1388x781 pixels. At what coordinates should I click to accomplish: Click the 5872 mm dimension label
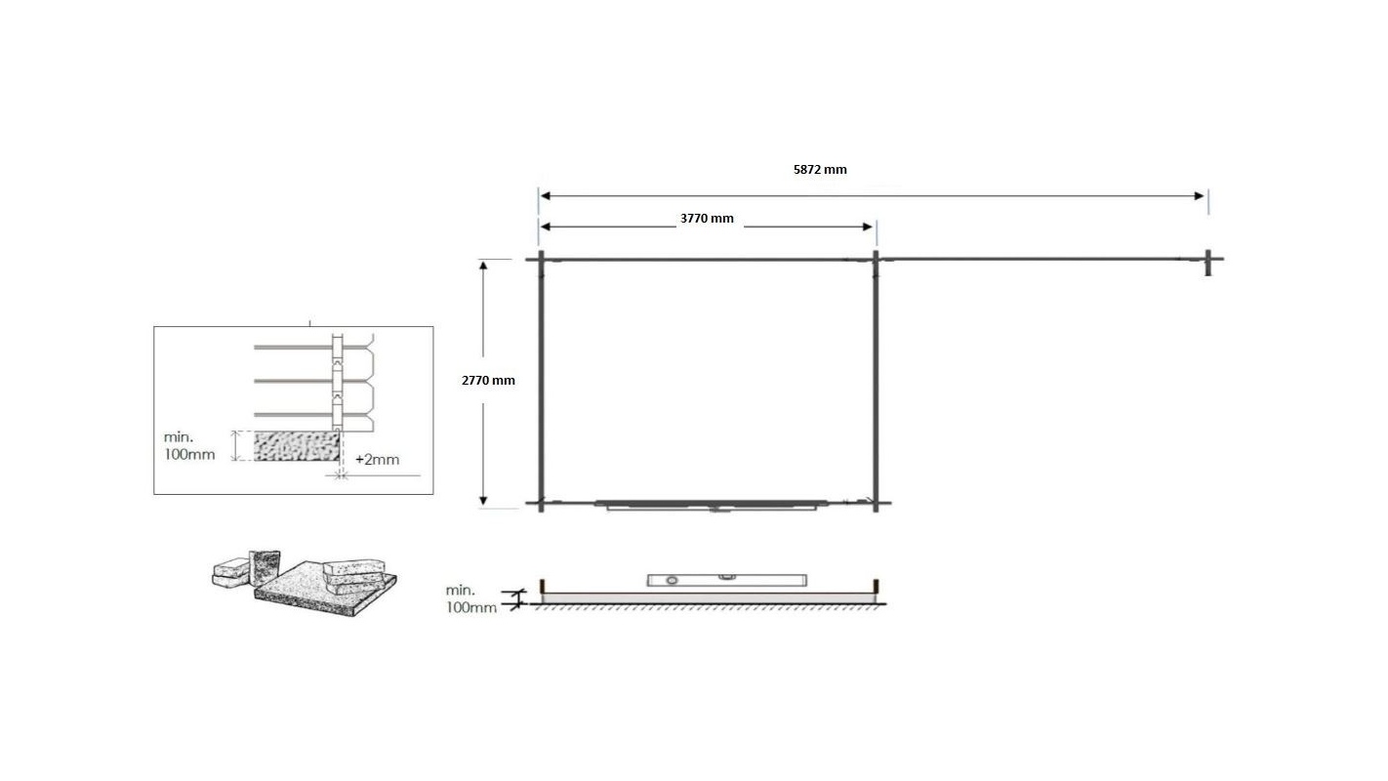820,169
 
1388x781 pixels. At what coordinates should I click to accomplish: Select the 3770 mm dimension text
707,218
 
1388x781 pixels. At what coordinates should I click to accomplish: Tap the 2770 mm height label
488,381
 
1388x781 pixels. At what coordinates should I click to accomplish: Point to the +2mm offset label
378,459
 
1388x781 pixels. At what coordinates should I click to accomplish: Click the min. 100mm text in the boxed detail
189,446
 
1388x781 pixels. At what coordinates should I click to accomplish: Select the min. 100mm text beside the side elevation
470,598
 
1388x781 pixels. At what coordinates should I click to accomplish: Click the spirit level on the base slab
727,580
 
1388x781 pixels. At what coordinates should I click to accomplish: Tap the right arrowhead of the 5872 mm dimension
1199,196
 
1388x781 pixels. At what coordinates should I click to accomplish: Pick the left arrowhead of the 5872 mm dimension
546,196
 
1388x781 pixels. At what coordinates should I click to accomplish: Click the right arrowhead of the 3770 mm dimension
868,226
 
